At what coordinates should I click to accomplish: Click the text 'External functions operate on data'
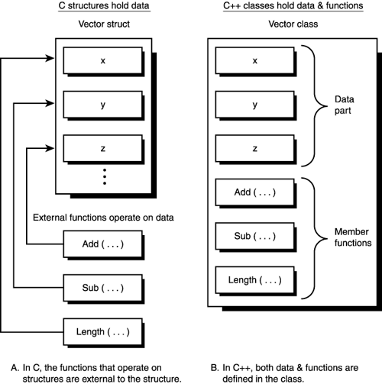tap(105, 218)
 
